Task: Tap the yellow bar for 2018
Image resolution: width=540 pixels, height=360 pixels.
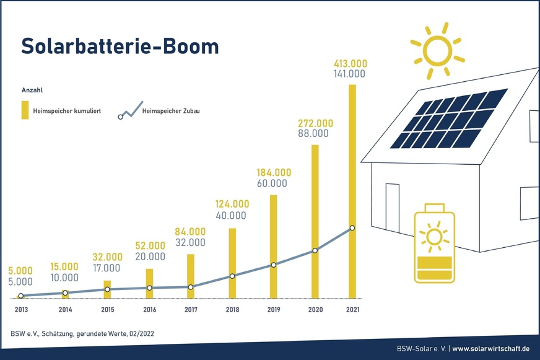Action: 232,263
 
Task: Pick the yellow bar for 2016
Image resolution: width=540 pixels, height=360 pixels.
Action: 149,283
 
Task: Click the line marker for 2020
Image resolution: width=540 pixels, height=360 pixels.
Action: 315,250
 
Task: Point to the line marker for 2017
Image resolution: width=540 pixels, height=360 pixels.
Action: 190,287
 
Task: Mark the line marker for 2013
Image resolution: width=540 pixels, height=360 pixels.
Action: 21,296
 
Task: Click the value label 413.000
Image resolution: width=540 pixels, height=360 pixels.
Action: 351,63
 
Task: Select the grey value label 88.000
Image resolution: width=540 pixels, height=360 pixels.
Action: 311,133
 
